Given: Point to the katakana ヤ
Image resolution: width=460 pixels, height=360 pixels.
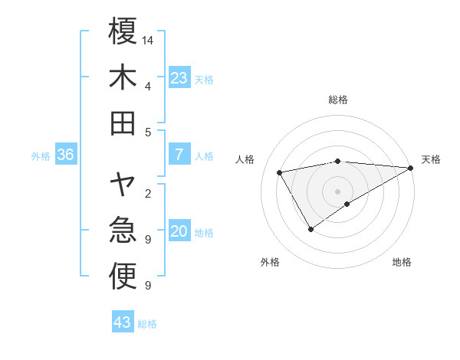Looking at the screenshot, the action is (123, 184).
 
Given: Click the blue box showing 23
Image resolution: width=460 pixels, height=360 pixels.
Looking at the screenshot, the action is (179, 77).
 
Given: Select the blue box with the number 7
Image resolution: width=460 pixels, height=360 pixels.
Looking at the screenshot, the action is (179, 155).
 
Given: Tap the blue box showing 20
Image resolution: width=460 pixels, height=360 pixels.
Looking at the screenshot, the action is (179, 231).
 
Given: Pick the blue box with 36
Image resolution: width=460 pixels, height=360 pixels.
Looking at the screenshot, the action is (66, 155).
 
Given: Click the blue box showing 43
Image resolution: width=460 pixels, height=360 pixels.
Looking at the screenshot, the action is (123, 322).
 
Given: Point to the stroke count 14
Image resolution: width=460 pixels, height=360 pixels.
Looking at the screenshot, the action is (149, 39).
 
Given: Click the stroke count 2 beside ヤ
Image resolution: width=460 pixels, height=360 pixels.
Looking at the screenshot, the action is (147, 193).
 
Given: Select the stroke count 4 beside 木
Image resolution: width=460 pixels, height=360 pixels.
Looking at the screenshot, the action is (147, 86).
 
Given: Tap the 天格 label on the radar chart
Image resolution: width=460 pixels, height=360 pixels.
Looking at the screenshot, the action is (431, 159).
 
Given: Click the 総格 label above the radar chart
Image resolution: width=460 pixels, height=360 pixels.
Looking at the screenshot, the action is (338, 100).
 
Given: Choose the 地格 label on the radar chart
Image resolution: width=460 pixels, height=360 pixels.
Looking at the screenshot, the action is (402, 262).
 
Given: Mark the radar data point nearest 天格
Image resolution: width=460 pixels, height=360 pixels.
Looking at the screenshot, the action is (411, 168).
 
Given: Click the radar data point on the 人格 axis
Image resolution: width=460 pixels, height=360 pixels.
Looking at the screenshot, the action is (280, 172).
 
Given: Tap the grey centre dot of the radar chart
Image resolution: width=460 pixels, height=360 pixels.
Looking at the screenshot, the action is (337, 191).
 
